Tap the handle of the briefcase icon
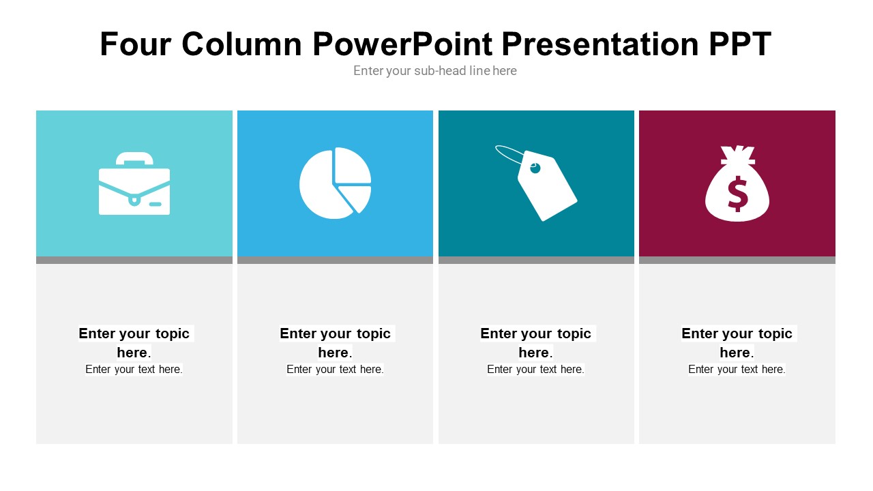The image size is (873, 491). tap(134, 158)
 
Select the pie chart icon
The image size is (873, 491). tap(334, 183)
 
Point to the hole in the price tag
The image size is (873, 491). tap(535, 167)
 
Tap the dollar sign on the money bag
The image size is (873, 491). tap(737, 194)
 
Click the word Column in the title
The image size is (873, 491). tap(241, 44)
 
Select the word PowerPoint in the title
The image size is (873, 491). tap(402, 44)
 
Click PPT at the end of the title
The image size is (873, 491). tap(739, 44)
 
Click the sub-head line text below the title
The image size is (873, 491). tap(435, 71)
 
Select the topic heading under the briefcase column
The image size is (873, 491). tap(134, 342)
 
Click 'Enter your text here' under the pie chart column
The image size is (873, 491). tap(335, 370)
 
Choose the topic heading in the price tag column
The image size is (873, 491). tap(536, 342)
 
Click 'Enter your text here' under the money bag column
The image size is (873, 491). tap(737, 370)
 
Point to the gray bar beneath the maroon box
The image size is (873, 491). tap(737, 260)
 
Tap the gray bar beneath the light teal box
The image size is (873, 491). tap(134, 260)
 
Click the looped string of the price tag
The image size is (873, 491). tap(509, 153)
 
